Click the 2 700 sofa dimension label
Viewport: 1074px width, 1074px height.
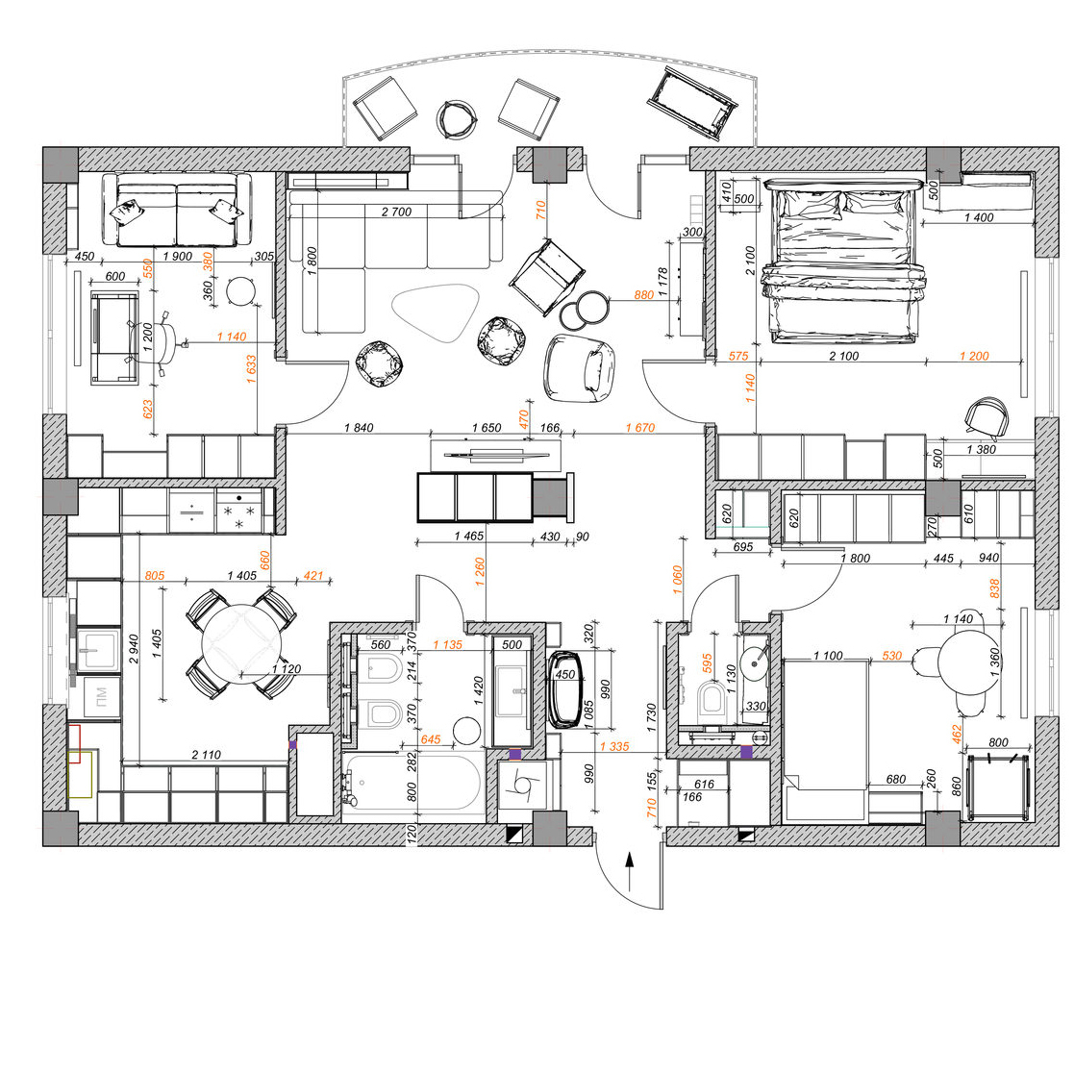point(396,212)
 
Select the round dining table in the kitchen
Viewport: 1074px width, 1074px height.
point(241,644)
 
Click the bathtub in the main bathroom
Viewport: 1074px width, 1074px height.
point(413,782)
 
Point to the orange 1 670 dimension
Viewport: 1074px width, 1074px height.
point(640,428)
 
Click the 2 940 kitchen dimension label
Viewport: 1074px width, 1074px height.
point(134,649)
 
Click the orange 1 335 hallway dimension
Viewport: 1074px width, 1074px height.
point(614,746)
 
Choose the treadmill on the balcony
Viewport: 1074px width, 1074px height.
point(692,102)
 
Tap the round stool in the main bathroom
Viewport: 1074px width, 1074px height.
point(467,731)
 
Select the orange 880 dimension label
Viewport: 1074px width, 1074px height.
point(644,295)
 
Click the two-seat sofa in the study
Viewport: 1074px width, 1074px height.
point(178,210)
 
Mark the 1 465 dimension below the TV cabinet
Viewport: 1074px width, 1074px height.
point(469,537)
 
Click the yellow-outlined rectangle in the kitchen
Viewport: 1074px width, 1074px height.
point(80,775)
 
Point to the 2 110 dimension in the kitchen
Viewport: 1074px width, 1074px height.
point(206,755)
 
